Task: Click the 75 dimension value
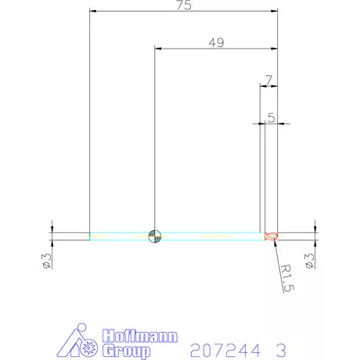click(x=184, y=5)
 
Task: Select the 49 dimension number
click(x=216, y=42)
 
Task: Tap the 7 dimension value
click(x=268, y=80)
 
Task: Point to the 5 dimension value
click(x=272, y=118)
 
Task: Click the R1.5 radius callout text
click(x=287, y=279)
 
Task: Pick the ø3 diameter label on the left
click(x=47, y=261)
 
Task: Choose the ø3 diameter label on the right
click(x=310, y=261)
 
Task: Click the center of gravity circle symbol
click(x=155, y=236)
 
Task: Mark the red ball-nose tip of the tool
click(x=271, y=236)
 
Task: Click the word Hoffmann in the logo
click(x=140, y=336)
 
